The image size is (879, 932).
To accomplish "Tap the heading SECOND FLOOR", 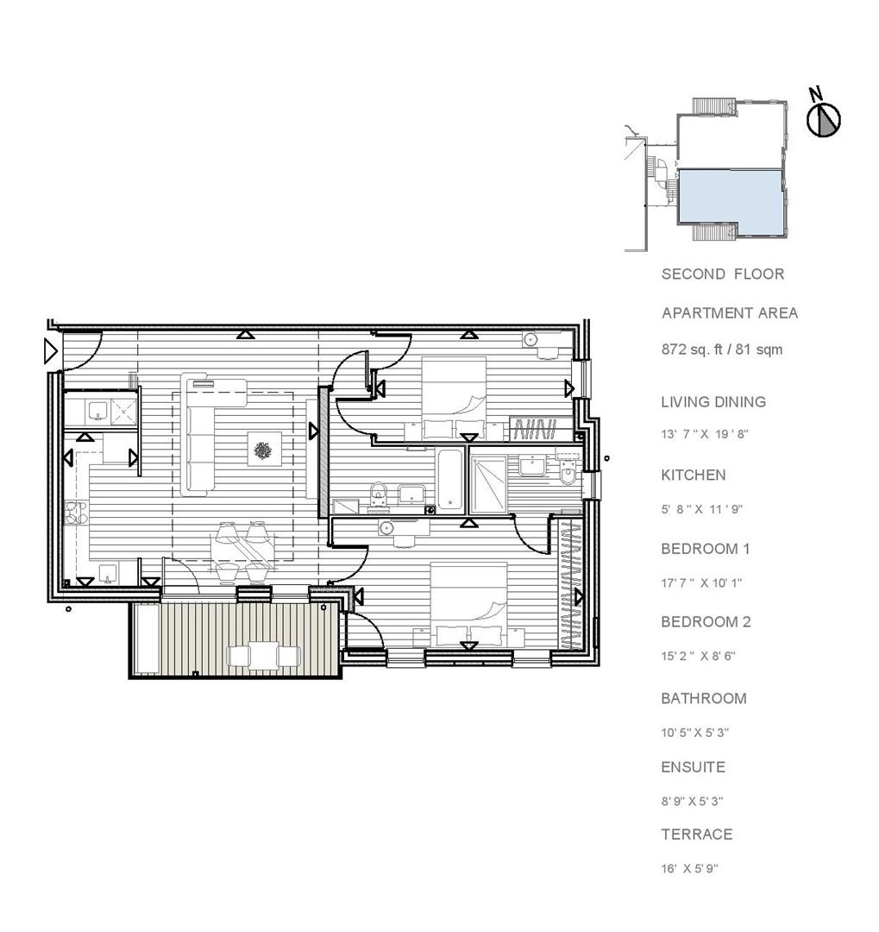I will click(723, 274).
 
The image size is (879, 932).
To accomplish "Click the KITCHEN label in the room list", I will click(693, 475).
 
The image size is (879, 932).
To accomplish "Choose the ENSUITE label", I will click(693, 767).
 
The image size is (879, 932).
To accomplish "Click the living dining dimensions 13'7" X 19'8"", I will click(704, 434).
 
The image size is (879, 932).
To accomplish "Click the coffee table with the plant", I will click(262, 449).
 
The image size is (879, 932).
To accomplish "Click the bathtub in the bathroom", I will click(451, 479).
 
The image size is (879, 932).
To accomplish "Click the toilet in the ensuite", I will click(568, 473).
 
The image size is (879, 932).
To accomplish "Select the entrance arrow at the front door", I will click(50, 350).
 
